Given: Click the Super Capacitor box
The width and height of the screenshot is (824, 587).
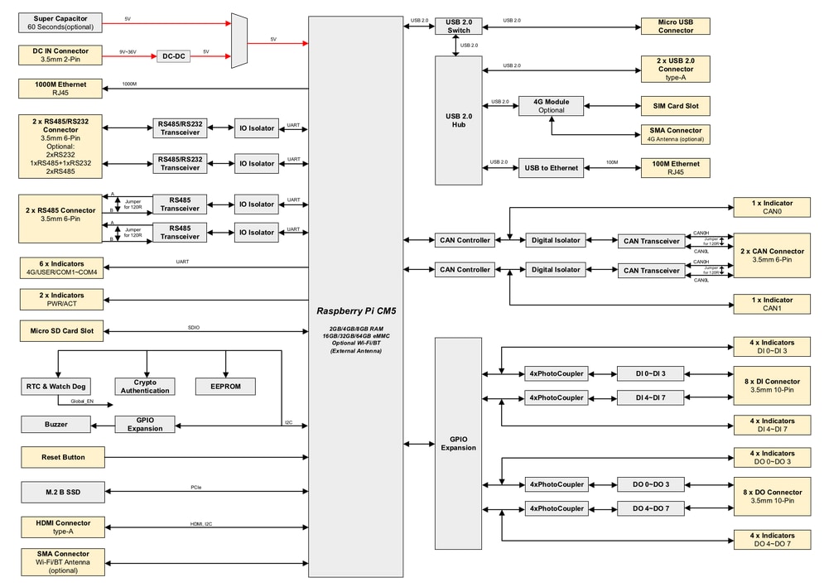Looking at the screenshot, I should tap(60, 22).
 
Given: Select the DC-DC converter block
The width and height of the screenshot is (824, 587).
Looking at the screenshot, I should tap(174, 56).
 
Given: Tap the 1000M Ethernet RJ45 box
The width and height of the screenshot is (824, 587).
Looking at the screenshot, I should tap(60, 89).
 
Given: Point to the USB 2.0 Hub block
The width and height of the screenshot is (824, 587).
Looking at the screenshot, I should tap(458, 121).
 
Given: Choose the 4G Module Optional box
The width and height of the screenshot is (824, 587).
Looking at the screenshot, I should tap(551, 106).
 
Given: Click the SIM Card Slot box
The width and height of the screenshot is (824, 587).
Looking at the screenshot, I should tap(675, 106).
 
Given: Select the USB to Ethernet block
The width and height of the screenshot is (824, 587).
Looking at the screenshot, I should tap(551, 168).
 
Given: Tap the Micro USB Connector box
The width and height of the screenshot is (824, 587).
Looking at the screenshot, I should tap(675, 26).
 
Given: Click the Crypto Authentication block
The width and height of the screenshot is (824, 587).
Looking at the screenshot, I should tap(146, 386).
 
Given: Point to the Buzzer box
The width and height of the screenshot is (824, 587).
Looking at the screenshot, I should tap(56, 425).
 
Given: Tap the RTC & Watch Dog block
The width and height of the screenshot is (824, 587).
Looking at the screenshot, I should tap(56, 386).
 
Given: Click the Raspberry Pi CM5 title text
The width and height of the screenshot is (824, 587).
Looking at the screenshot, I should tap(355, 310).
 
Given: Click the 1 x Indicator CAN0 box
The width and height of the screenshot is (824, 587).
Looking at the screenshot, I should tap(772, 207).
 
